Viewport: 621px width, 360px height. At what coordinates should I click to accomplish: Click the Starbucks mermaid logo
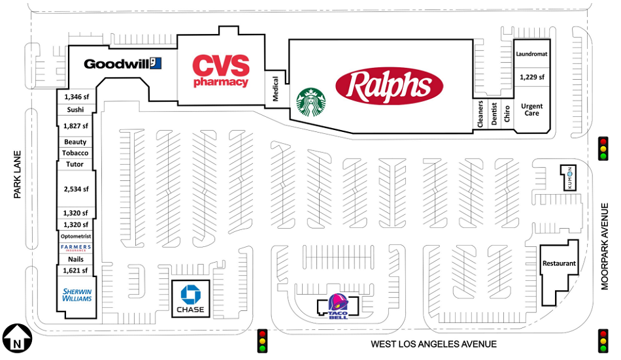point(311,103)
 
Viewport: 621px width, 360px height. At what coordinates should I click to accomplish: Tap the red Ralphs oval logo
point(389,86)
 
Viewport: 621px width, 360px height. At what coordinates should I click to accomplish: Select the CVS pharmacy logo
point(220,71)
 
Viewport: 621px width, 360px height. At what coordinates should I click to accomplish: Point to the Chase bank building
point(190,299)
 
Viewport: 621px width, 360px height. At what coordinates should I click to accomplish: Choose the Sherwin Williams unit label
point(76,295)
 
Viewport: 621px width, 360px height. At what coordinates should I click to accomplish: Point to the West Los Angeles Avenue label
point(433,344)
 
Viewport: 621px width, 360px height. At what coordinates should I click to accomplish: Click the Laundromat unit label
point(531,54)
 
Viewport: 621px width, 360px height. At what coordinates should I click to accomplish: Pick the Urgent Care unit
point(531,110)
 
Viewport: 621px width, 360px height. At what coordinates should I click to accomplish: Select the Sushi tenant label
point(75,110)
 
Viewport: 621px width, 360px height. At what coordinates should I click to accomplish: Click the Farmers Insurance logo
point(75,248)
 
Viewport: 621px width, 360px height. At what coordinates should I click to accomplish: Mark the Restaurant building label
point(559,264)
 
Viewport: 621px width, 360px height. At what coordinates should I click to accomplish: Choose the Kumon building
point(569,177)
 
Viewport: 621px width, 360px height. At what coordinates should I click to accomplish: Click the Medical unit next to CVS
point(275,89)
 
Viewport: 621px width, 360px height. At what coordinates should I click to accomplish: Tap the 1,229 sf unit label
point(531,77)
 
